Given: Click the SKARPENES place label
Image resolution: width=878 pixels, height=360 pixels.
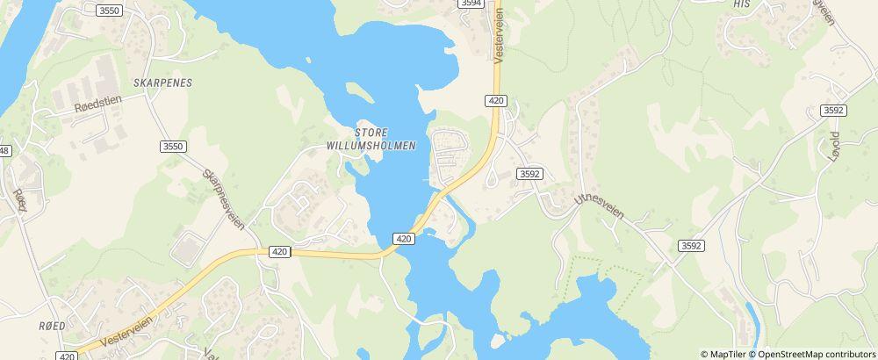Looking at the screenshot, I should [162, 82].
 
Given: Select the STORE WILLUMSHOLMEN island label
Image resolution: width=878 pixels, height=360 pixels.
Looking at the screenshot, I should [370, 139].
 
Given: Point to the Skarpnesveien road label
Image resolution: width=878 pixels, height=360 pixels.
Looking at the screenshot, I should [223, 201].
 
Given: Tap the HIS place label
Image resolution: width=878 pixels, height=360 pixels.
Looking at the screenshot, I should [742, 4].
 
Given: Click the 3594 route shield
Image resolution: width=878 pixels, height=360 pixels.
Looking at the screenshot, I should [471, 4].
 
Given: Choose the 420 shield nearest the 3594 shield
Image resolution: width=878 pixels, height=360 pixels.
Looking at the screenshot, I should [496, 101].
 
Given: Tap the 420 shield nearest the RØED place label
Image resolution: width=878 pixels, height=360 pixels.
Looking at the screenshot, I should [66, 356].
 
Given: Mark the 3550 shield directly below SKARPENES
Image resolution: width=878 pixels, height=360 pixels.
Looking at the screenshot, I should [174, 147].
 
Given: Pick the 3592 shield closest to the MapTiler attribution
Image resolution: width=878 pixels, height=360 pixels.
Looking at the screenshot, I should [691, 247].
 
